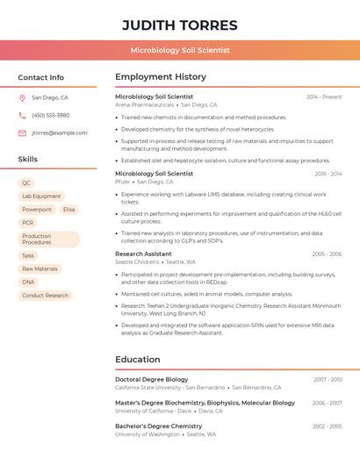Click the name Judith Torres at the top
coord(179,25)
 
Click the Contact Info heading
coord(40,77)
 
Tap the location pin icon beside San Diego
coord(22,98)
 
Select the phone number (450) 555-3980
coord(50,115)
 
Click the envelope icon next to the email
coord(22,133)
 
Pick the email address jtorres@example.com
coord(59,133)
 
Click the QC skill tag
coord(26,183)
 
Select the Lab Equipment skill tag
coord(41,197)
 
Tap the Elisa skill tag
coord(69,210)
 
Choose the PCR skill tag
coord(28,223)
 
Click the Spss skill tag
coord(28,255)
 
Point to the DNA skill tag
coord(28,283)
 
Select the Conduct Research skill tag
coord(45,296)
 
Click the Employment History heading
coord(161,77)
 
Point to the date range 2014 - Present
coord(324,97)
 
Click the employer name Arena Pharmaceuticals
coord(145,105)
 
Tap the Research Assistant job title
coord(143,254)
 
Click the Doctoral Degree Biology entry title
coord(151,379)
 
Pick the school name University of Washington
coord(148,434)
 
